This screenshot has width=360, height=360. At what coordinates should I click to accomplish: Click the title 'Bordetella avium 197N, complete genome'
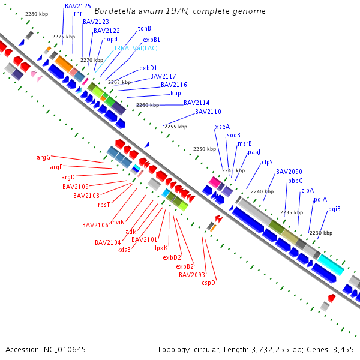pos(180,11)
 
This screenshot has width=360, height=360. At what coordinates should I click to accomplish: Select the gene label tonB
pos(144,28)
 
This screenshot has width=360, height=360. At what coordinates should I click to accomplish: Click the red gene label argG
pos(43,157)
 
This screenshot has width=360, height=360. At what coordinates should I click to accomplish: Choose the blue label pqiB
pos(334,209)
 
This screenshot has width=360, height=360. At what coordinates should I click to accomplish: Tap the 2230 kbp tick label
pos(320,232)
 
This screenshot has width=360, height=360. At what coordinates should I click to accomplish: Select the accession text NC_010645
pos(62,349)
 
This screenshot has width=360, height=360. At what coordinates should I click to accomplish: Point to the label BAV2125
pos(78,5)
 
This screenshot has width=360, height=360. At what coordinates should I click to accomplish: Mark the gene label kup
pos(176,93)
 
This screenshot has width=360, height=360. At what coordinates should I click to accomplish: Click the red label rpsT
pos(104,205)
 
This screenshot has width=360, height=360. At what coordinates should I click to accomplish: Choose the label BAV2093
pos(191,275)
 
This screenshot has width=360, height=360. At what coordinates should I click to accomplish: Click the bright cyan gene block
pos(331,264)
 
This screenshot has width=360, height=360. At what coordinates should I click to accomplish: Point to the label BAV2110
pos(208,112)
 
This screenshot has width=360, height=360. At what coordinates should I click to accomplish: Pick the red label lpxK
pos(161,247)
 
